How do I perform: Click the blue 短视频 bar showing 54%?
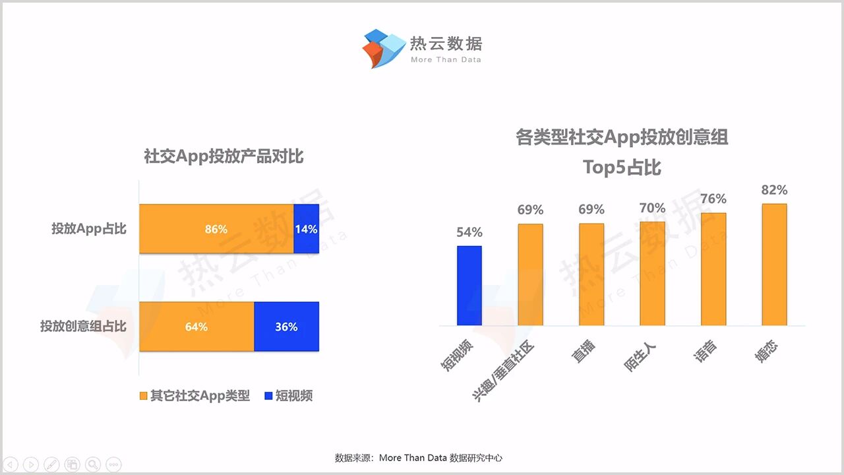(469, 286)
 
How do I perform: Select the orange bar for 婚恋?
(774, 265)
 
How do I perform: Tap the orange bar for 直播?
(591, 274)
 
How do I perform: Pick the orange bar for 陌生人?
(652, 274)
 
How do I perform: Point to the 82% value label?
(774, 190)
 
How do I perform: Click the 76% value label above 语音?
(713, 199)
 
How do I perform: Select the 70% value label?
(652, 208)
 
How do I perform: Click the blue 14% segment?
(306, 229)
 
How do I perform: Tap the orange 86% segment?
(216, 229)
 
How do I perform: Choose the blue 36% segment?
(286, 327)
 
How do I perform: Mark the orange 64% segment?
(196, 327)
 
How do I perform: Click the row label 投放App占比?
(89, 229)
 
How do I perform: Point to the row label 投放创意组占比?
(83, 326)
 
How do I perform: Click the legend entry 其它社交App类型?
(195, 396)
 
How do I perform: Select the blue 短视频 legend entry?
(288, 396)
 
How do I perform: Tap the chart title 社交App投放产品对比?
(224, 156)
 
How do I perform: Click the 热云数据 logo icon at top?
(383, 47)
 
